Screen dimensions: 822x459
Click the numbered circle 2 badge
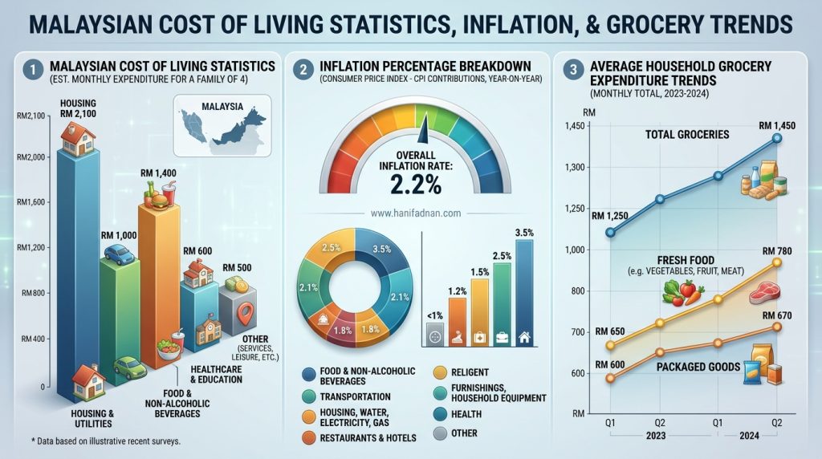pyautogui.click(x=303, y=70)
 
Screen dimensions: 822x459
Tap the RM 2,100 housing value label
pyautogui.click(x=78, y=114)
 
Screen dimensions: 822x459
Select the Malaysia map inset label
pyautogui.click(x=222, y=107)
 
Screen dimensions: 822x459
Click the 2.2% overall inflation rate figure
pyautogui.click(x=415, y=185)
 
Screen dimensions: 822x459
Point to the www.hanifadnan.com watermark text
pyautogui.click(x=416, y=213)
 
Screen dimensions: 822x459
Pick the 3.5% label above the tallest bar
pyautogui.click(x=524, y=233)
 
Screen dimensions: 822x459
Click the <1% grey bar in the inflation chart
pyautogui.click(x=435, y=333)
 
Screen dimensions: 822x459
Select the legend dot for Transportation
pyautogui.click(x=309, y=396)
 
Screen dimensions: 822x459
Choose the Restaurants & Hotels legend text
pyautogui.click(x=368, y=438)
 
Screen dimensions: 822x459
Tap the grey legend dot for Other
pyautogui.click(x=441, y=433)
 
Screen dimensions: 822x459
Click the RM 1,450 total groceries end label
pyautogui.click(x=777, y=126)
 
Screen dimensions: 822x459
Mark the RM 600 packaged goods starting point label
pyautogui.click(x=610, y=364)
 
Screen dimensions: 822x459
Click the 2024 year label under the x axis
pyautogui.click(x=749, y=436)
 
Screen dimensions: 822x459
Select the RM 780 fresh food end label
pyautogui.click(x=777, y=251)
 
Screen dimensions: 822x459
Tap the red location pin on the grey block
pyautogui.click(x=245, y=313)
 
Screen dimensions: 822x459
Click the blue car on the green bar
pyautogui.click(x=119, y=254)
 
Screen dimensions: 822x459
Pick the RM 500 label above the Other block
pyautogui.click(x=237, y=268)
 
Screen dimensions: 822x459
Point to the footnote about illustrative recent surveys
pyautogui.click(x=106, y=441)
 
